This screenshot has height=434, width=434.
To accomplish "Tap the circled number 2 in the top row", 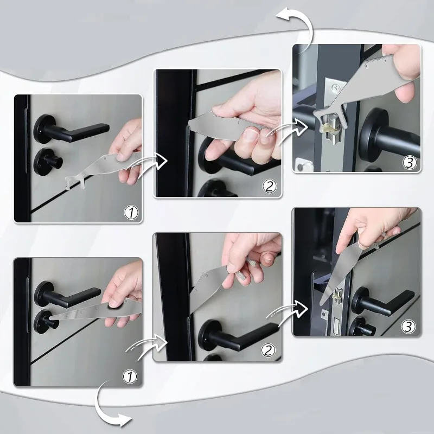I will click(269, 186).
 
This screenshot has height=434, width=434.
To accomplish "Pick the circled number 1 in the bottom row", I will click(131, 375).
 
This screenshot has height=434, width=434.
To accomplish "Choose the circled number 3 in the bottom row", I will click(408, 325).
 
